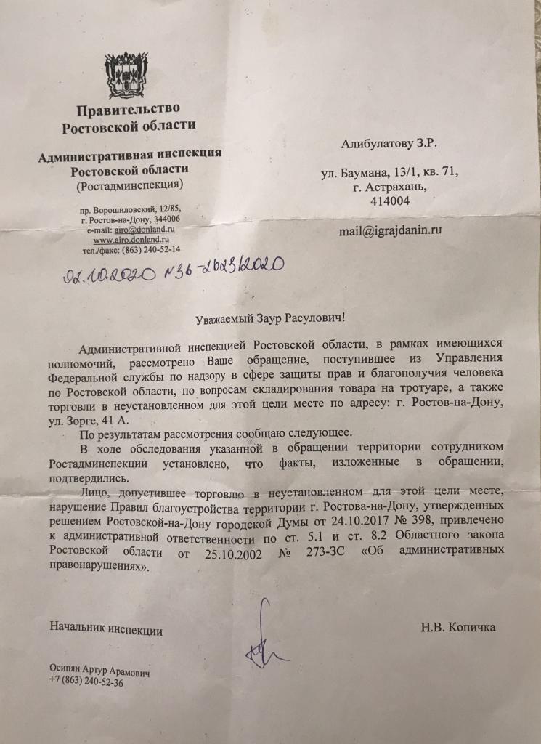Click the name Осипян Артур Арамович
(99, 673)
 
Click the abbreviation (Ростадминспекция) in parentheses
(129, 185)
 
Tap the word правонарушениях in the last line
(96, 567)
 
